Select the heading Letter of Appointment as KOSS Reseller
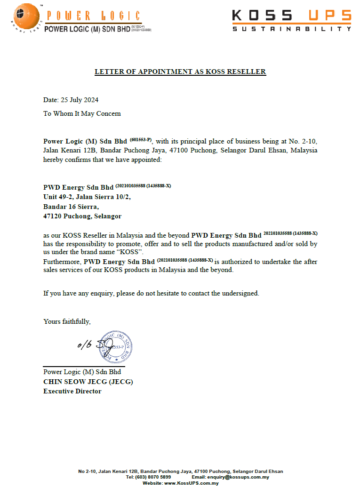(180, 72)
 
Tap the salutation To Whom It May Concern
(82, 113)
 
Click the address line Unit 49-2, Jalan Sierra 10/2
(87, 197)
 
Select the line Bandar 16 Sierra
(71, 207)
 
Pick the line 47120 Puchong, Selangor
(82, 216)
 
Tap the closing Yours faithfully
(67, 321)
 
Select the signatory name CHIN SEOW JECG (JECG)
(88, 382)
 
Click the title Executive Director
(72, 391)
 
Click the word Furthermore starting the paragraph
(63, 262)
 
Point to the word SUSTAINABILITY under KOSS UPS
(292, 29)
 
